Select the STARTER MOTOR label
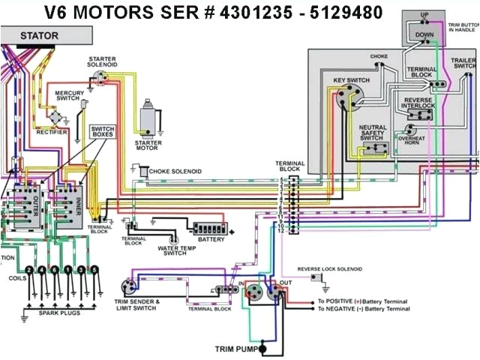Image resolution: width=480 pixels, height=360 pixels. tap(148, 145)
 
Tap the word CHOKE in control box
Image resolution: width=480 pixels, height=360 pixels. tap(379, 56)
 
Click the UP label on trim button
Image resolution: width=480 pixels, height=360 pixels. tap(424, 15)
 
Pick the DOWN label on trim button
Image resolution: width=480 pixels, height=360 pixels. tap(424, 34)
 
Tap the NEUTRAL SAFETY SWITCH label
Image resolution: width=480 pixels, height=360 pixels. tap(372, 133)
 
